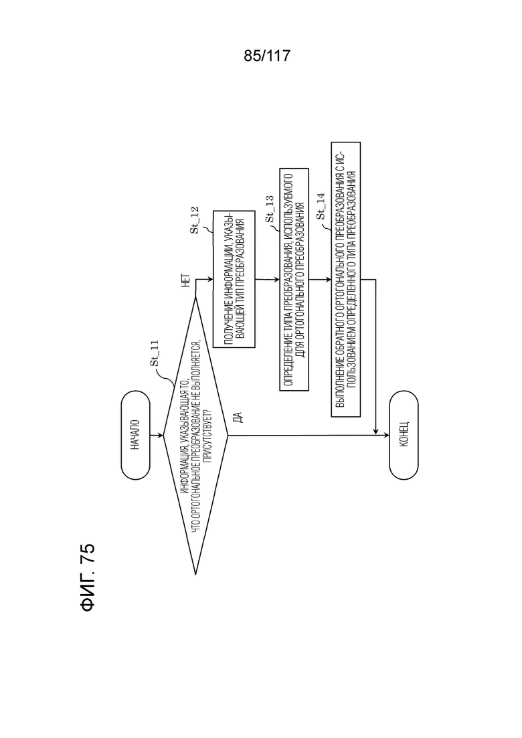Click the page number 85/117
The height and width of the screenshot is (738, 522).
point(267,56)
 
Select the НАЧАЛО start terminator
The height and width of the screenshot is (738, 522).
point(136,435)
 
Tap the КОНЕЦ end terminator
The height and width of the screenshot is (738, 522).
point(404,435)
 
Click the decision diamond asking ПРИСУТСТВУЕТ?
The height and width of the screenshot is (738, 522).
point(195,436)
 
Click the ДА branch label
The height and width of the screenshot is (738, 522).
point(238,417)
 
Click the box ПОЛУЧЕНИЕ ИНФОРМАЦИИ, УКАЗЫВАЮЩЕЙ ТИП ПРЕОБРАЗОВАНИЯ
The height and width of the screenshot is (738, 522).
point(234,278)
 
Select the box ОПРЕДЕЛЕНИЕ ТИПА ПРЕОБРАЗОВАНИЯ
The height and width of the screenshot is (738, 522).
point(294,279)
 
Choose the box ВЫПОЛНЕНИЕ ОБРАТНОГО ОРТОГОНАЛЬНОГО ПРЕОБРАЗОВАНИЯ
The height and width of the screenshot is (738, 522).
point(346,279)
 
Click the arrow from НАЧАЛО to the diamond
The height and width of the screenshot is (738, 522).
point(157,436)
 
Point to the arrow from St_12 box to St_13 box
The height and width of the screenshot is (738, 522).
point(267,279)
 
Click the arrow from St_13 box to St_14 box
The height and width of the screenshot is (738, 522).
point(320,279)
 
